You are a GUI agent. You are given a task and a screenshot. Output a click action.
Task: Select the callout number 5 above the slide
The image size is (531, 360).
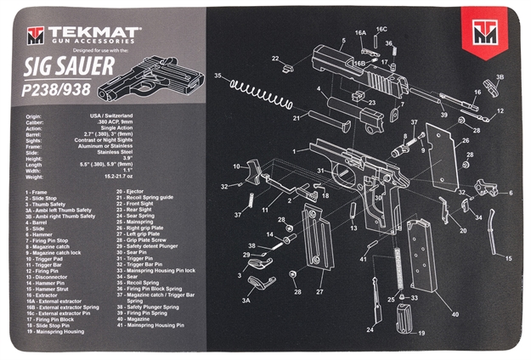tap(343, 40)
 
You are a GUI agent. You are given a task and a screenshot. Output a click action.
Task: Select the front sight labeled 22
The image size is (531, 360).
tap(290, 61)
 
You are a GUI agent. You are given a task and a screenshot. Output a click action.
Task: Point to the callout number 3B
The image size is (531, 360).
tap(500, 77)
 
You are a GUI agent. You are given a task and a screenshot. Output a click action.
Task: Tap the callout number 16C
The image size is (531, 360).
tap(381, 28)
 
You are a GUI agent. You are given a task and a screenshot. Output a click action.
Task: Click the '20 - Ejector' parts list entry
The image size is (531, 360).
tap(131, 191)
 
